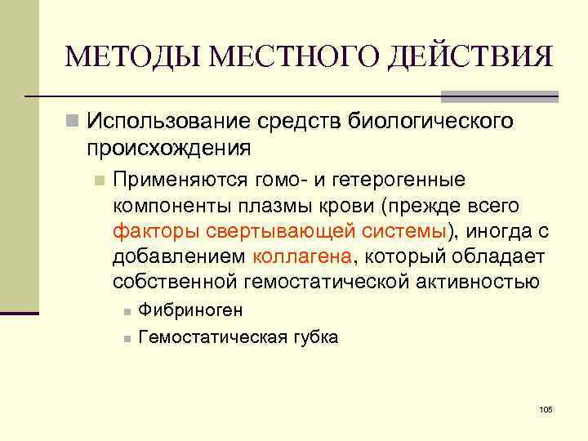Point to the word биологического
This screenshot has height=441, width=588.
[x=432, y=121]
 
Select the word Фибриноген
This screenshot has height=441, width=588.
[x=190, y=311]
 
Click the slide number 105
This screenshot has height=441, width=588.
[x=546, y=408]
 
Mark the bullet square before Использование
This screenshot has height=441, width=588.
[x=73, y=122]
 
